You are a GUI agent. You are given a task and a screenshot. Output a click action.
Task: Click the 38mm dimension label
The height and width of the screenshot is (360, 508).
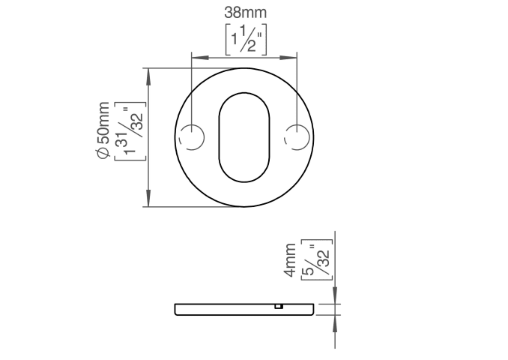tap(245, 13)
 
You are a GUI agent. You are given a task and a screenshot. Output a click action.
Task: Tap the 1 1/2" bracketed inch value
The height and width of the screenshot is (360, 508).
tap(246, 39)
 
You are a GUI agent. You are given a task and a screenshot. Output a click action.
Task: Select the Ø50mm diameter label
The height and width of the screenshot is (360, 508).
tap(103, 130)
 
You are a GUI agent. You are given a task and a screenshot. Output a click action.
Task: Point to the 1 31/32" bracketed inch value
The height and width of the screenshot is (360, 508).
tap(130, 131)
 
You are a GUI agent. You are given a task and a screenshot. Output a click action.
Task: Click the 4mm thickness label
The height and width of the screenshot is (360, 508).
tap(290, 260)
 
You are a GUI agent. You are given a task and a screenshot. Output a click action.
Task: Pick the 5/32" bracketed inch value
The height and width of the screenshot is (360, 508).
tap(317, 259)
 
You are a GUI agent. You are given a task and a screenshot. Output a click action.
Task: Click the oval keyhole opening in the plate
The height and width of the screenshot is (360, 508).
tap(244, 137)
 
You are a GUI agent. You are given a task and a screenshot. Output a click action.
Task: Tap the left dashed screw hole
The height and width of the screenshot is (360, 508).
tap(192, 137)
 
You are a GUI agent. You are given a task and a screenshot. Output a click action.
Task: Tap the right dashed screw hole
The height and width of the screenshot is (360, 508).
tap(297, 137)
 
